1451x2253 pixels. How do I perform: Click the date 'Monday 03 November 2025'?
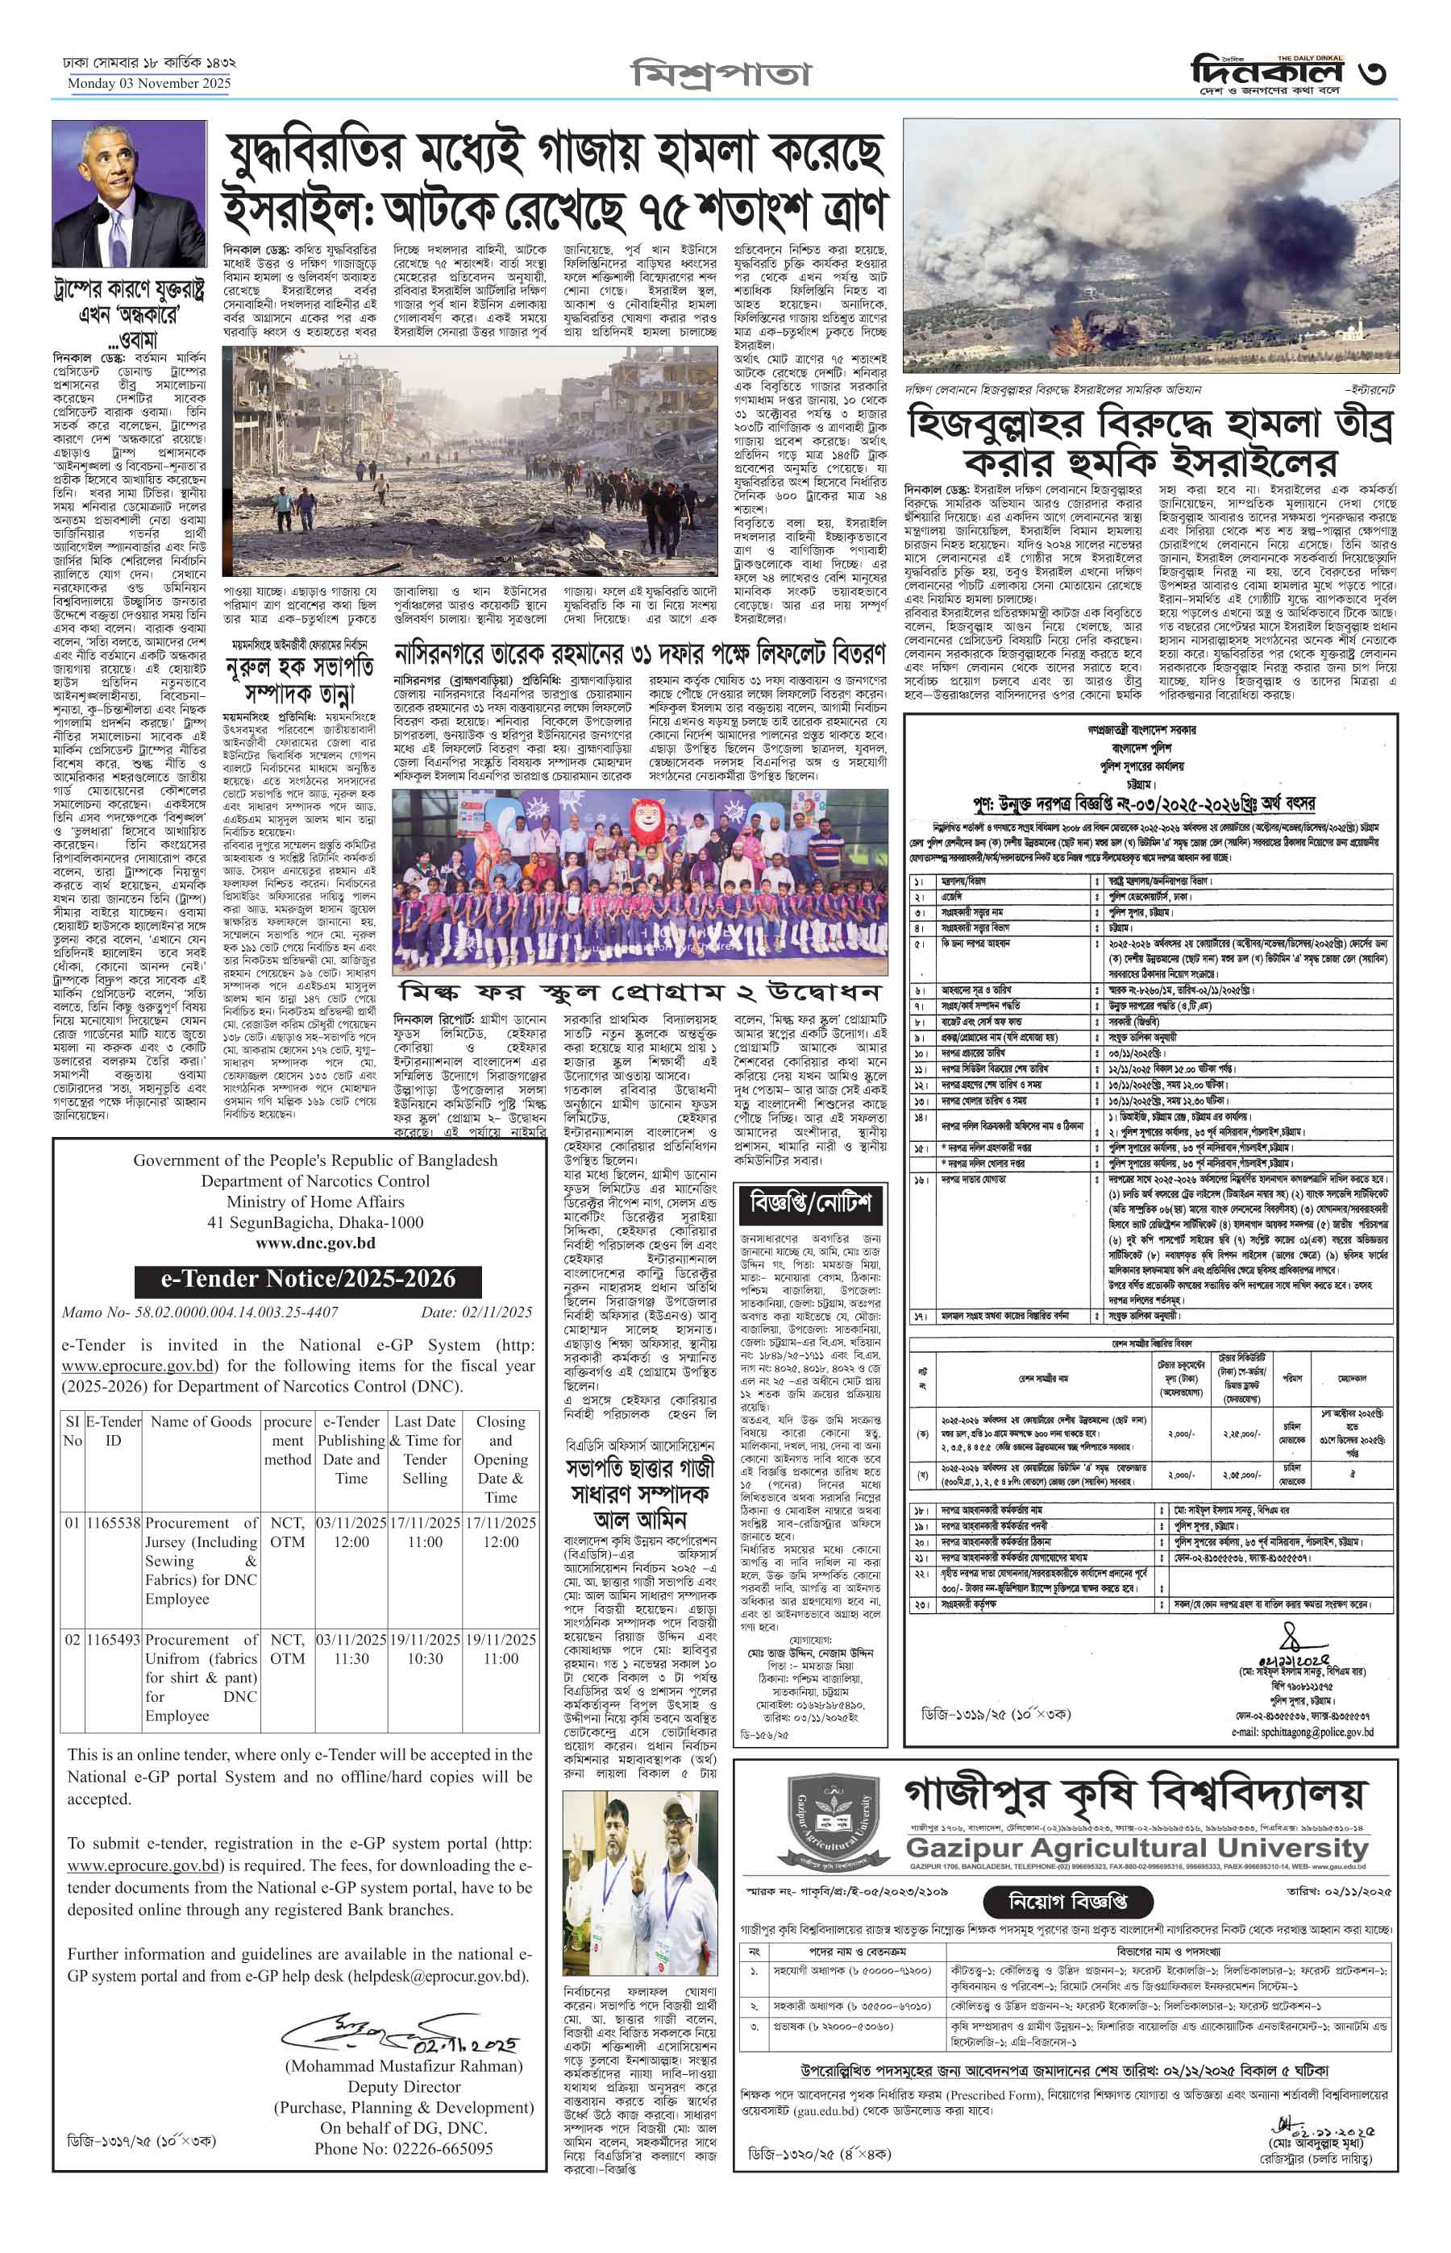[x=149, y=84]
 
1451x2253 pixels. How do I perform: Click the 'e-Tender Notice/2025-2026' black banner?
[x=308, y=1279]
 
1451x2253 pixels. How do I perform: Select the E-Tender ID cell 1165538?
[x=113, y=1523]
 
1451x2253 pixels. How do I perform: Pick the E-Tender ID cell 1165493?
[x=113, y=1640]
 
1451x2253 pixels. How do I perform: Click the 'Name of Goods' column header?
[x=201, y=1422]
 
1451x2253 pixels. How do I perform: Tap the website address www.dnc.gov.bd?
[x=314, y=1243]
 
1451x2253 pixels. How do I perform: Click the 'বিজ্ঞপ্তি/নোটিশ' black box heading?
[x=810, y=1203]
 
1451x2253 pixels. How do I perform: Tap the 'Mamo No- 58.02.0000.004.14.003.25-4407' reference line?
[x=200, y=1312]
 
